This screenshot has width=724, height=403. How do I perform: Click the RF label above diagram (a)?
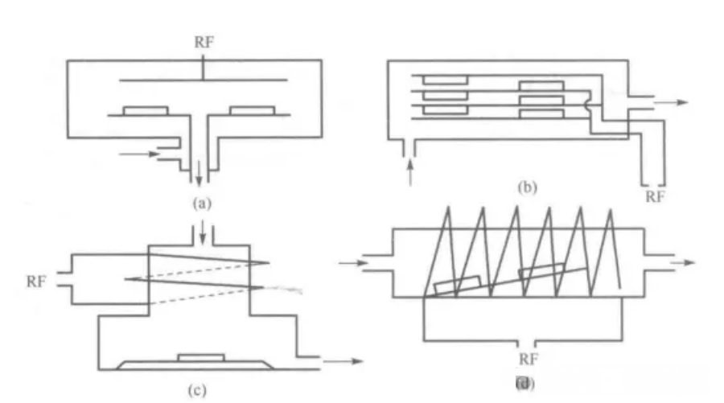pyautogui.click(x=205, y=42)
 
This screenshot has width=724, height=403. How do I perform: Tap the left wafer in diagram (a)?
pyautogui.click(x=145, y=110)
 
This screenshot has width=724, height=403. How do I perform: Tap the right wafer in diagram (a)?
pyautogui.click(x=251, y=110)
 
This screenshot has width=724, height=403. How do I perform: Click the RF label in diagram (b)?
pyautogui.click(x=656, y=195)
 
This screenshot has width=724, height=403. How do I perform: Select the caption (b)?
pyautogui.click(x=525, y=188)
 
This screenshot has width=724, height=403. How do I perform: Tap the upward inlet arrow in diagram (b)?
pyautogui.click(x=410, y=171)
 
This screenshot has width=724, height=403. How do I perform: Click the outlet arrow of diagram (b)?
pyautogui.click(x=672, y=103)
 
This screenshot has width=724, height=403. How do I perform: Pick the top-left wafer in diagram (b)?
pyautogui.click(x=445, y=80)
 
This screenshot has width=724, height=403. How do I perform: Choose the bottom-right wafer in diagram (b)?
pyautogui.click(x=541, y=113)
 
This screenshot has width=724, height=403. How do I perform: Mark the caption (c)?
pyautogui.click(x=196, y=390)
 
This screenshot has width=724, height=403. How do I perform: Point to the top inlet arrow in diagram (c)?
pyautogui.click(x=202, y=233)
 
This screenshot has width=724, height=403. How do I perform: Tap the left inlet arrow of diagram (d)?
pyautogui.click(x=351, y=262)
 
